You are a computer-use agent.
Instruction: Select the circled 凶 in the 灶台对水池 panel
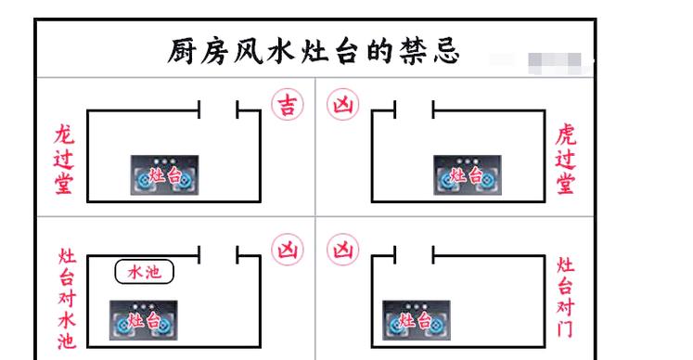click(287, 252)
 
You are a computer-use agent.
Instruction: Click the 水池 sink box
click(144, 273)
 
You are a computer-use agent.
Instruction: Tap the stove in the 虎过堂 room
click(466, 174)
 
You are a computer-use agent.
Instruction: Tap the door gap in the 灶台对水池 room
click(219, 254)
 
